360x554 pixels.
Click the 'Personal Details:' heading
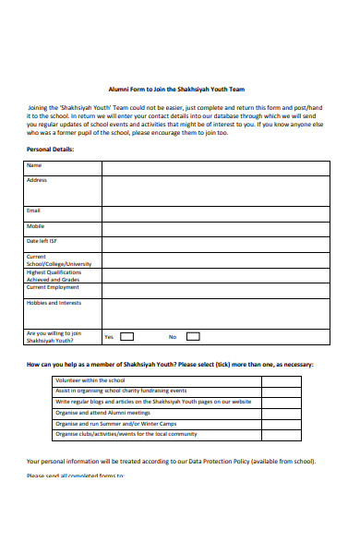[x=50, y=148]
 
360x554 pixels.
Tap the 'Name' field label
[x=34, y=165]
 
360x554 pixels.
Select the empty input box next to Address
[x=215, y=190]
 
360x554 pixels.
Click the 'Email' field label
[x=34, y=211]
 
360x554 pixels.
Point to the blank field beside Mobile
[x=215, y=226]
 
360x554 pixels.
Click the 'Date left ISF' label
[x=42, y=241]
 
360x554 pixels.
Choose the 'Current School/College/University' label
[x=59, y=260]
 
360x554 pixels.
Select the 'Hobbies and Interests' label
[x=54, y=303]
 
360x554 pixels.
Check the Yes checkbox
[x=126, y=337]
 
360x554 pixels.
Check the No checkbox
[x=191, y=337]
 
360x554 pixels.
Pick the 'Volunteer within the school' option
[x=90, y=380]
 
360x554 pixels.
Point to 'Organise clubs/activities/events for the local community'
[x=126, y=434]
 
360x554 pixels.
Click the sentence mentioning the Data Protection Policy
[x=172, y=461]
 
